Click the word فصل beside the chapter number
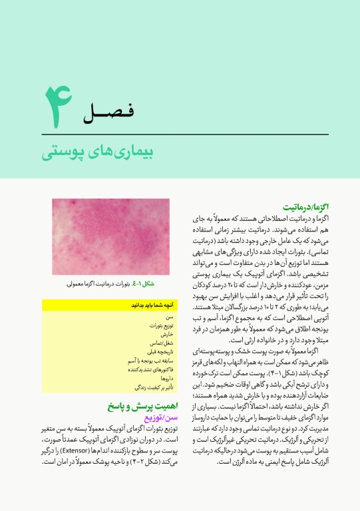point(109,112)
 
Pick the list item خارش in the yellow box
point(167,335)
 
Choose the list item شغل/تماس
point(163,343)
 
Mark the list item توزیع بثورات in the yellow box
point(160,326)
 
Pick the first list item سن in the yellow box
point(170,317)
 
